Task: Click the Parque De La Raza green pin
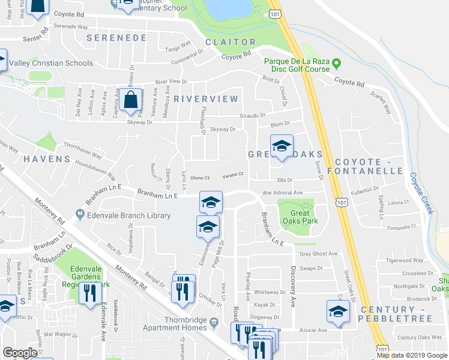click(x=337, y=62)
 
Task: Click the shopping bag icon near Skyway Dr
click(x=130, y=100)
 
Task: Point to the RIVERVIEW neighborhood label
click(x=206, y=98)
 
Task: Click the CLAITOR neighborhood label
click(x=231, y=42)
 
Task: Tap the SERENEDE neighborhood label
click(x=116, y=38)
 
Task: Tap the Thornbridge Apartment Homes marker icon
click(x=214, y=324)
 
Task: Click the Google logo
click(x=20, y=353)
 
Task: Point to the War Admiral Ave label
click(x=282, y=193)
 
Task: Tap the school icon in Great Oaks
click(x=280, y=146)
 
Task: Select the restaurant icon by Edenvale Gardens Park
click(x=91, y=294)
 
